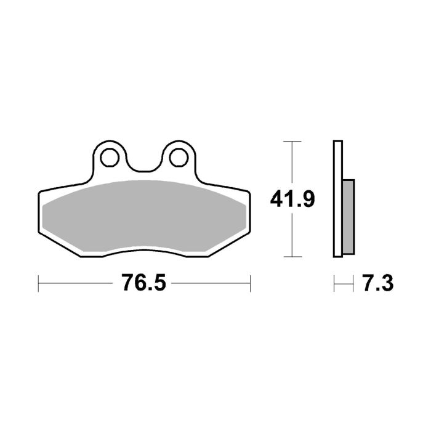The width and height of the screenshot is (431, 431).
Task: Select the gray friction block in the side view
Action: pyautogui.click(x=348, y=216)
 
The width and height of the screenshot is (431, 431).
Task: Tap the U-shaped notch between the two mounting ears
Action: pyautogui.click(x=144, y=166)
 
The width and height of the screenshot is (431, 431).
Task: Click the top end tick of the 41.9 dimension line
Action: pyautogui.click(x=292, y=142)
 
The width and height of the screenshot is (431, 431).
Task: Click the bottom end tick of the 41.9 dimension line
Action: pyautogui.click(x=292, y=256)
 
